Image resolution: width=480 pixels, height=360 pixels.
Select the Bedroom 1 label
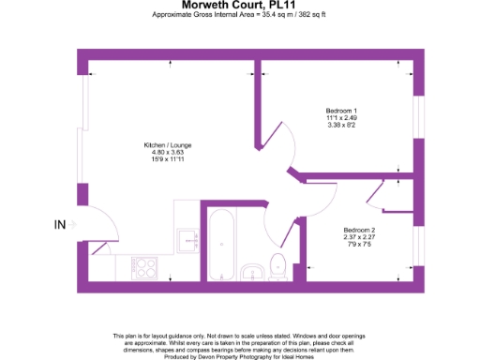(341, 111)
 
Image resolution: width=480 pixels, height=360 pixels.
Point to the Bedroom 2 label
(359, 231)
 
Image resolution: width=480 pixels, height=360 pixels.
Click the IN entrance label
(61, 224)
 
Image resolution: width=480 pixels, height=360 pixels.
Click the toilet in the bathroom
(278, 268)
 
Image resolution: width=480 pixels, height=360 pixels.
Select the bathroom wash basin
(251, 272)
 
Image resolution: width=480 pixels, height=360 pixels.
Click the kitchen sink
(184, 238)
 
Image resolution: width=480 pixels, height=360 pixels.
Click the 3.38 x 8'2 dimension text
(341, 124)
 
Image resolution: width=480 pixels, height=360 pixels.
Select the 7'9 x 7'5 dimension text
(359, 244)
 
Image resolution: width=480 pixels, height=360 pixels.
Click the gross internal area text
(239, 15)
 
